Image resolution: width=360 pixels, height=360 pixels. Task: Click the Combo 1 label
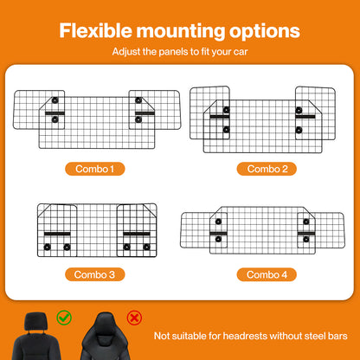[95, 169]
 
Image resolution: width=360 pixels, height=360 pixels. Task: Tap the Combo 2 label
[267, 169]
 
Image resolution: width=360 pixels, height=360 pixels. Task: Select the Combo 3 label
[95, 274]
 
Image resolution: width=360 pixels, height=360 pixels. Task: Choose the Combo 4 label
[267, 274]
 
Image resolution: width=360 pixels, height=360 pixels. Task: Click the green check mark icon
[64, 318]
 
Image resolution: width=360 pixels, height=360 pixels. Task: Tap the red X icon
[134, 318]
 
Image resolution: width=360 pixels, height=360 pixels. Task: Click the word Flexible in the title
[95, 30]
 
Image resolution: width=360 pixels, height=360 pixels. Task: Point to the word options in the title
[265, 32]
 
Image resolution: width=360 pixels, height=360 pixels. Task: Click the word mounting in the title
[181, 32]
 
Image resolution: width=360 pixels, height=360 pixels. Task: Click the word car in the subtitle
[241, 53]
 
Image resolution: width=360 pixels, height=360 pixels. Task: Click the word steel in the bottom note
[315, 336]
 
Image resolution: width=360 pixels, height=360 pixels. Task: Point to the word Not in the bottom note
[161, 336]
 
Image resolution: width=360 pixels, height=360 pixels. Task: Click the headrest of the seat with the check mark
[35, 321]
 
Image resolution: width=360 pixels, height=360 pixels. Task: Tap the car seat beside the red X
[105, 336]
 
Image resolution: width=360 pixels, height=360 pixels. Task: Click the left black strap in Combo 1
[55, 113]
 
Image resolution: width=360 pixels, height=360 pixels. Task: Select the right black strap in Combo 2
[305, 117]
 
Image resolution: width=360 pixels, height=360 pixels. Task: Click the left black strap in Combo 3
[57, 234]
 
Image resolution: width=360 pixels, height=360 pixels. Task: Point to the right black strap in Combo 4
[306, 234]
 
